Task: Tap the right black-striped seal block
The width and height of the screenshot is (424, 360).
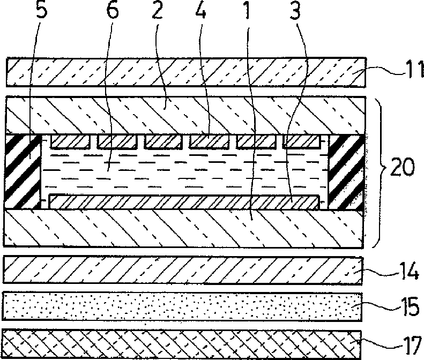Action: click(346, 171)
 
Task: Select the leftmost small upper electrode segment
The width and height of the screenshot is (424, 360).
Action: click(70, 141)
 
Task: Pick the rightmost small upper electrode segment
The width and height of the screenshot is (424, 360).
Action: click(302, 141)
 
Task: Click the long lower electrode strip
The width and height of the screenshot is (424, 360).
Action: click(182, 202)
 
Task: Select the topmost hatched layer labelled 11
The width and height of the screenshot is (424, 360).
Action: click(182, 71)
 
